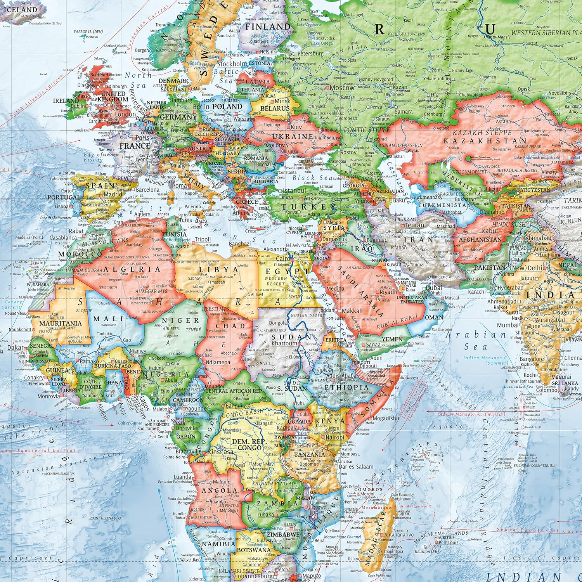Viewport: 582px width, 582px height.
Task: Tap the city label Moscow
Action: tap(342, 88)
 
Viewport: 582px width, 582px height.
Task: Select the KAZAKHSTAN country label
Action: tap(485, 141)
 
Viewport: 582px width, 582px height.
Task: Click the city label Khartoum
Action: tap(284, 344)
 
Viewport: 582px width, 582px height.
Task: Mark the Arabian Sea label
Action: tap(476, 340)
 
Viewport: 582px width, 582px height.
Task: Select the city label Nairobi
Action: tap(334, 437)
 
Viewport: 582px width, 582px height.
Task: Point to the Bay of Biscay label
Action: tap(93, 157)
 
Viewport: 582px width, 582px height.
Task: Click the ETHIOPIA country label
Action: tap(346, 387)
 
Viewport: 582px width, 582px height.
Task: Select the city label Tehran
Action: tap(415, 225)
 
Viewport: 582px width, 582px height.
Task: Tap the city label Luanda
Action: tap(182, 477)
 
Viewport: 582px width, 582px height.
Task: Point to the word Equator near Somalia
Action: tap(442, 427)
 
